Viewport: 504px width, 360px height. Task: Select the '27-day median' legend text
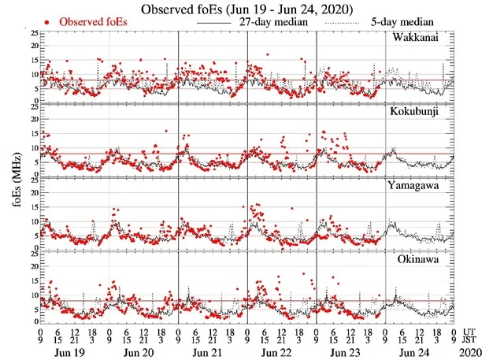click(x=273, y=22)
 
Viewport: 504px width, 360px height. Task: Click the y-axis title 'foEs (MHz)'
click(x=16, y=177)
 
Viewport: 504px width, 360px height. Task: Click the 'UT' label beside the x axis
click(x=470, y=332)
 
